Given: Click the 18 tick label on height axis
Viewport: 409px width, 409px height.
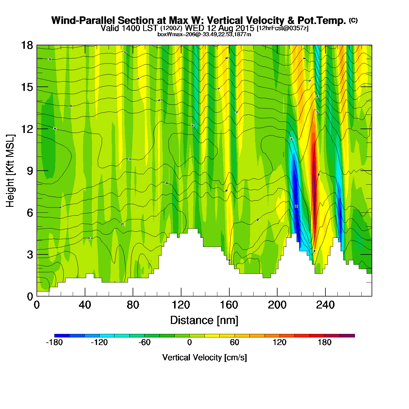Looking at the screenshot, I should pyautogui.click(x=27, y=45).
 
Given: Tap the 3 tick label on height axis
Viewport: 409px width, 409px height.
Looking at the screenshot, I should pyautogui.click(x=30, y=255).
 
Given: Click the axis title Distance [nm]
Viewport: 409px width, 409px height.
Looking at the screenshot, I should pyautogui.click(x=204, y=320).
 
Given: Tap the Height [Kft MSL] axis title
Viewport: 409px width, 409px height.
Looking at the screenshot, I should pyautogui.click(x=10, y=171).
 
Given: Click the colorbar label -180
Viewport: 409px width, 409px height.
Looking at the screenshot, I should pyautogui.click(x=54, y=342).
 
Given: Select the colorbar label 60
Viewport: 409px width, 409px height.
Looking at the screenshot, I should pyautogui.click(x=235, y=342).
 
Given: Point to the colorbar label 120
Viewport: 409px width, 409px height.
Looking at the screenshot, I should pyautogui.click(x=280, y=342).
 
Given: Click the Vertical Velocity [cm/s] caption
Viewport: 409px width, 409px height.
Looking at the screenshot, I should pyautogui.click(x=204, y=357).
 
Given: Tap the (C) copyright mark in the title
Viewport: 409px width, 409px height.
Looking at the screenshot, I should pyautogui.click(x=353, y=20).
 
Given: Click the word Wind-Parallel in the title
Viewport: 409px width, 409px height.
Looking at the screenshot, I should pyautogui.click(x=84, y=20).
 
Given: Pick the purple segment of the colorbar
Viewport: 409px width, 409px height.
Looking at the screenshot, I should pyautogui.click(x=347, y=336).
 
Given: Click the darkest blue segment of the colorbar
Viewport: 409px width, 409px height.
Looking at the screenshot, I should pyautogui.click(x=62, y=336).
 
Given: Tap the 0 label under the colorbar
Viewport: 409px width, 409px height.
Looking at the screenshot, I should pyautogui.click(x=190, y=342).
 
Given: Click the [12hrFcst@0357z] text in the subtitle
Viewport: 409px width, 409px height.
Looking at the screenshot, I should pyautogui.click(x=283, y=28).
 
